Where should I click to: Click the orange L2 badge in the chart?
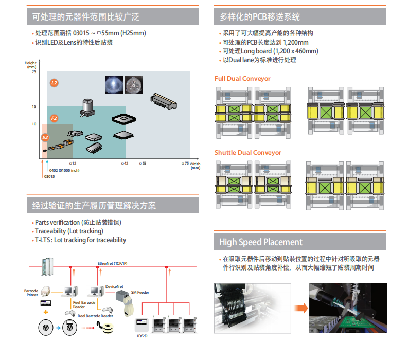(55, 82)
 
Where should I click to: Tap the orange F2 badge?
(55, 118)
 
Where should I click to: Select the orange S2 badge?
(45, 137)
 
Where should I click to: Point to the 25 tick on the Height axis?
(34, 71)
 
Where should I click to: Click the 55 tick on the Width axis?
(143, 163)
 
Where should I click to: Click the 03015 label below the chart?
(49, 176)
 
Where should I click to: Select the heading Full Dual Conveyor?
(242, 79)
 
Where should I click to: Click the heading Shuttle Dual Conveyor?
(248, 153)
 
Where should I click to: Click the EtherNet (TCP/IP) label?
(113, 263)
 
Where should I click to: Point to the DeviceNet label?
(114, 285)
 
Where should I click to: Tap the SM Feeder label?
(140, 292)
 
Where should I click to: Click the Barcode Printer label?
(31, 293)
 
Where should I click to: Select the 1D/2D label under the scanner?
(141, 335)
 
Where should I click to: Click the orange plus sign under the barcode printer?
(46, 313)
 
